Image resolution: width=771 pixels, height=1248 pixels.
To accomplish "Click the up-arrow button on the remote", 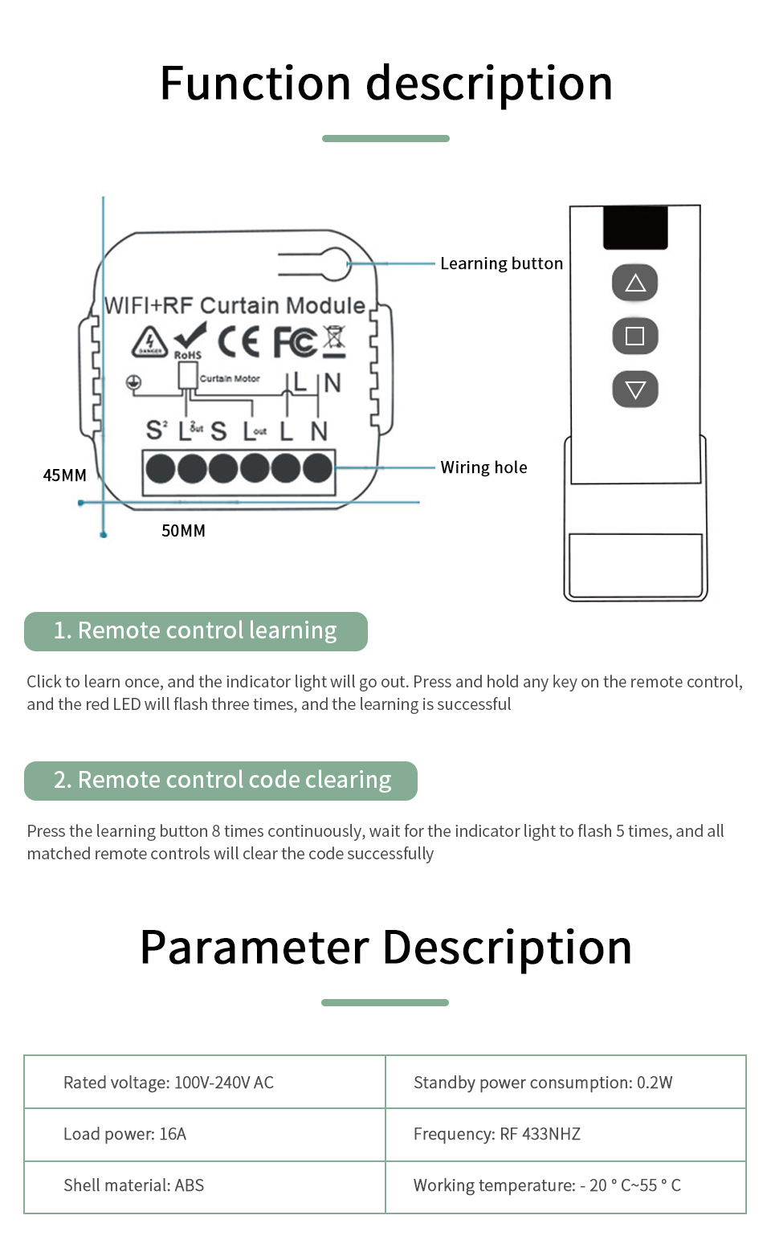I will pyautogui.click(x=634, y=283).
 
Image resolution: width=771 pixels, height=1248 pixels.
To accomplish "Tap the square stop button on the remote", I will pyautogui.click(x=634, y=336).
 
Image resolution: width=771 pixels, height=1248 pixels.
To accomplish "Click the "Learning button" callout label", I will pyautogui.click(x=501, y=263).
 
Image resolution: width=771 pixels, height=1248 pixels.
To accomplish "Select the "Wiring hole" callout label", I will pyautogui.click(x=483, y=467).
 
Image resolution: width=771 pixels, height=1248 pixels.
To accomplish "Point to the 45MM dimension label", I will pyautogui.click(x=64, y=475).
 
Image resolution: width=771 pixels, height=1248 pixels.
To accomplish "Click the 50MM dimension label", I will pyautogui.click(x=183, y=531).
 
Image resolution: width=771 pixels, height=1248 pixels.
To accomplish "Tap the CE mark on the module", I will pyautogui.click(x=239, y=342).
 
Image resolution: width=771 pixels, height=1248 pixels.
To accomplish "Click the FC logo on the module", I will pyautogui.click(x=295, y=342).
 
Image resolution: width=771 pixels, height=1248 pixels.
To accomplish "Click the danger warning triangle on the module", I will pyautogui.click(x=149, y=342).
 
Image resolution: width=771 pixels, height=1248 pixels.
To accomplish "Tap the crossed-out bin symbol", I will pyautogui.click(x=334, y=341).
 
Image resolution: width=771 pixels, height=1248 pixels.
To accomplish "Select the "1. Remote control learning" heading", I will pyautogui.click(x=195, y=631).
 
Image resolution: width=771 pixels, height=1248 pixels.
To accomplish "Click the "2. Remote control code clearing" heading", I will pyautogui.click(x=221, y=781).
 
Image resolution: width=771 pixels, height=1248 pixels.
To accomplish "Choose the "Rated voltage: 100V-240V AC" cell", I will pyautogui.click(x=169, y=1083).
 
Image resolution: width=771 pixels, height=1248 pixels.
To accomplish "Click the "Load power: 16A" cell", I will pyautogui.click(x=124, y=1134).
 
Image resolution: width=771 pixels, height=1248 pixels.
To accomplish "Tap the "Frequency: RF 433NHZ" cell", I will pyautogui.click(x=496, y=1134).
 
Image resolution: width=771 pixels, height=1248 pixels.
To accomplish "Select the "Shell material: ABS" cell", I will pyautogui.click(x=133, y=1185).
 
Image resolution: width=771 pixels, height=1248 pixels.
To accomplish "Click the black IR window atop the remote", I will pyautogui.click(x=635, y=227).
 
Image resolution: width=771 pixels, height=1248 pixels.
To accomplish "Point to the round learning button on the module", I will pyautogui.click(x=336, y=263).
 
